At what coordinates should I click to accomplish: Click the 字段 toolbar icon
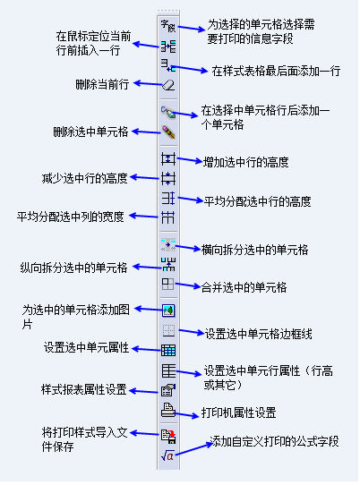[168, 26]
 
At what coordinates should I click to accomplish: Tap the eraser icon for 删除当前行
[168, 85]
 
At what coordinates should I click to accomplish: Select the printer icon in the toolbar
[168, 410]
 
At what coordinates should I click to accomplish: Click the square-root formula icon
[168, 455]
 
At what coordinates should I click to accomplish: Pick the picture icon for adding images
[168, 311]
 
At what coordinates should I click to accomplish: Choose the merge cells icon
[168, 284]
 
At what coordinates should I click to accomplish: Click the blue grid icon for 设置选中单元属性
[168, 351]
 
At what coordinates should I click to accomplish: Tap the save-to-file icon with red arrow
[168, 436]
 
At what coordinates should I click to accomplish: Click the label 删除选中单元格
[90, 132]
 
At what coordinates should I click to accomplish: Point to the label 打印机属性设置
[239, 413]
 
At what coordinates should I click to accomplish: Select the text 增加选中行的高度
[246, 162]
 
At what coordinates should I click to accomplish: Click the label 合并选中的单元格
[244, 287]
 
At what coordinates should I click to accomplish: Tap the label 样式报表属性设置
[84, 390]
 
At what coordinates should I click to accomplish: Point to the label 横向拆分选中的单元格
[254, 250]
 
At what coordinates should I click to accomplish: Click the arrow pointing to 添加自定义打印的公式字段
[194, 449]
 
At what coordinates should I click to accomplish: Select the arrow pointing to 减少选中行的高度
[144, 178]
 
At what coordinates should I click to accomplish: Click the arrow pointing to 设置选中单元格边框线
[192, 332]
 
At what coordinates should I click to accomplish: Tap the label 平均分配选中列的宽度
[70, 217]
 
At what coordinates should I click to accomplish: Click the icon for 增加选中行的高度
[168, 159]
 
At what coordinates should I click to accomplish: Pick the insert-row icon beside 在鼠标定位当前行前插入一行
[168, 47]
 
